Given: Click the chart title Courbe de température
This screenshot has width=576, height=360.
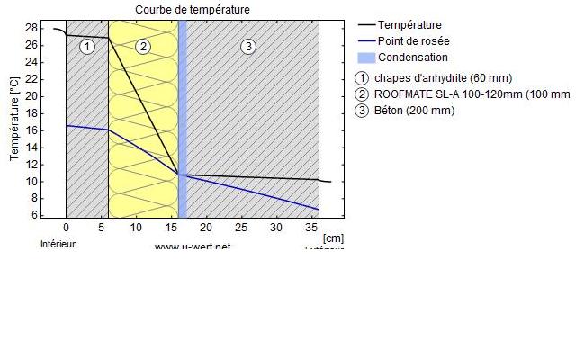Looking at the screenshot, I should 193,10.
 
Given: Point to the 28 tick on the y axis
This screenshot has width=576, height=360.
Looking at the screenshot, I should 31,28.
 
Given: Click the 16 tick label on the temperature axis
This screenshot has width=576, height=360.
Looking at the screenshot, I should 31,130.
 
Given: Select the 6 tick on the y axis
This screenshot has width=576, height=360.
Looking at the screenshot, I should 33,215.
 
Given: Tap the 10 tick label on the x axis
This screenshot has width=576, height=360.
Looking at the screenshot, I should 136,229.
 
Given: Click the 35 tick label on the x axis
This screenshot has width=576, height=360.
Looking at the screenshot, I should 311,229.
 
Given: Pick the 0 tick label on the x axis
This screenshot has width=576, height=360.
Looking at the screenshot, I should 66,229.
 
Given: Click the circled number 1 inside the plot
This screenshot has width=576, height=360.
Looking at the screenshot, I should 86,47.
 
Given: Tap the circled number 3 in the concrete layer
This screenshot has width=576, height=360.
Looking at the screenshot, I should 249,47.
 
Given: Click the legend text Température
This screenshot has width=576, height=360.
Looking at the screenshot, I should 409,25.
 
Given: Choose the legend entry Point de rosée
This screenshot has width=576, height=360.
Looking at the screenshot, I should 413,41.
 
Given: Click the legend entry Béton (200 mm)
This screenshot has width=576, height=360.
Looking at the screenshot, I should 414,111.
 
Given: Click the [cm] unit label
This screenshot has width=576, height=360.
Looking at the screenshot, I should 332,238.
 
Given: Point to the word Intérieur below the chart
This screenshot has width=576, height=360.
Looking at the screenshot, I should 58,244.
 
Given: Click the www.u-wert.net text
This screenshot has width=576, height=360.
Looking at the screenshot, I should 193,247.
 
